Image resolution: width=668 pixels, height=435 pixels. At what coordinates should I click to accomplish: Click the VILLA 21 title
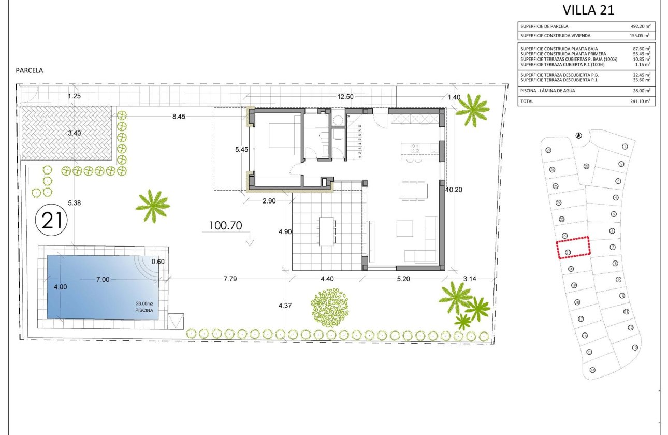[588, 10]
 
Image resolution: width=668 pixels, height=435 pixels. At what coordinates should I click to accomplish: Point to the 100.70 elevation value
[226, 225]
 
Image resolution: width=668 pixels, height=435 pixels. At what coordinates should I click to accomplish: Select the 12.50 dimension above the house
[345, 96]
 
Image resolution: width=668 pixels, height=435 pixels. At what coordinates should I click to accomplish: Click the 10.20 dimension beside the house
[454, 190]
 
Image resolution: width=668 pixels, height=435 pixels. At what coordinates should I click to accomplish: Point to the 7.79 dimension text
[230, 279]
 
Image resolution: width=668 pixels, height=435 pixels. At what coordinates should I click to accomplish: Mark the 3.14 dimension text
[470, 279]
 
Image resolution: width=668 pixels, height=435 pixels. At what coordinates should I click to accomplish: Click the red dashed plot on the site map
[573, 247]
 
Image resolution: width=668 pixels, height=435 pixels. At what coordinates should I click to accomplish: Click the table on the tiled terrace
[327, 231]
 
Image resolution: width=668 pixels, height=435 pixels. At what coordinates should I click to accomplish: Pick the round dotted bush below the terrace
[330, 308]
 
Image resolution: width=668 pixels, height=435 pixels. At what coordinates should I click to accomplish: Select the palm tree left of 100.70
[152, 205]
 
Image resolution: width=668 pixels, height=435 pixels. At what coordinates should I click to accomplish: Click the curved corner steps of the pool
[149, 267]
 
